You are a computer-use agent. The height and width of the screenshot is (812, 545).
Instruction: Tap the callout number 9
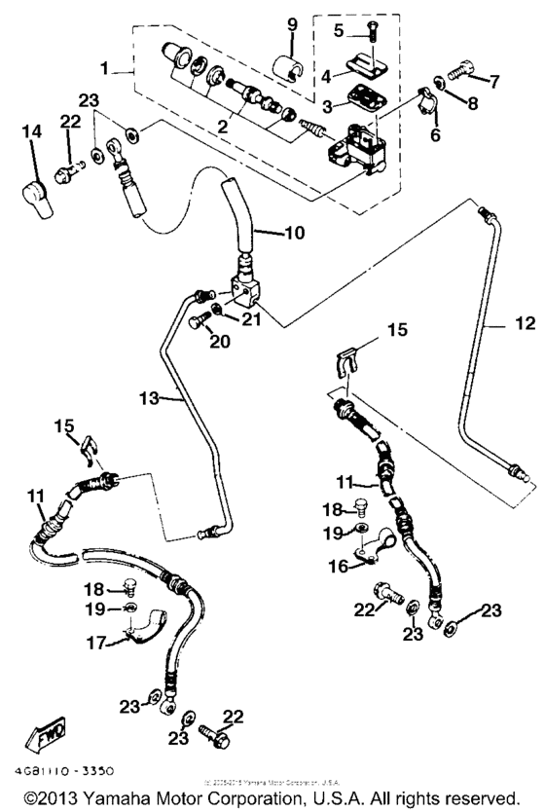(x=291, y=23)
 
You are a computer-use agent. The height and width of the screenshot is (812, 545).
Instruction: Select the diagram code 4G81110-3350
(x=60, y=769)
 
